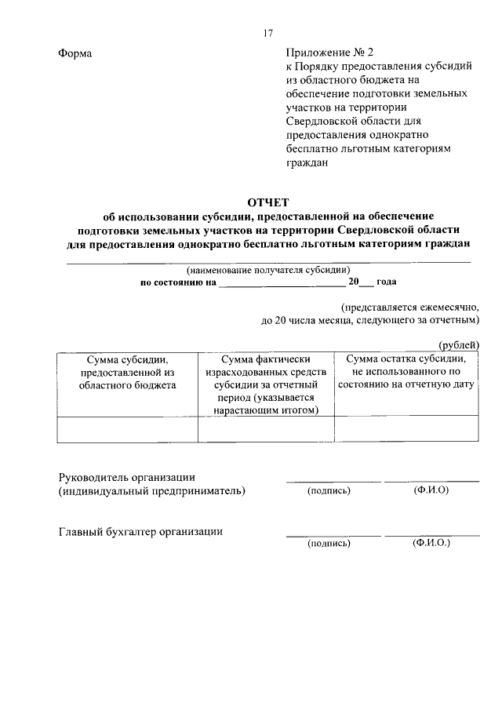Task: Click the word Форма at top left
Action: [75, 53]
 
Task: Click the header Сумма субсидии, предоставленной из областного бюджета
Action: [127, 372]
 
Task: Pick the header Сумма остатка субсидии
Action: [406, 372]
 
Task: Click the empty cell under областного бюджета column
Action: [127, 428]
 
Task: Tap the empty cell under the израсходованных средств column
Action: [266, 428]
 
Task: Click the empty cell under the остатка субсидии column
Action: [406, 428]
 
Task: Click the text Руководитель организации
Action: [127, 477]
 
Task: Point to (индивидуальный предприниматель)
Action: [152, 491]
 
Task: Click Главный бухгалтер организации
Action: [140, 531]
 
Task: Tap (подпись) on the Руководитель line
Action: [329, 491]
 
